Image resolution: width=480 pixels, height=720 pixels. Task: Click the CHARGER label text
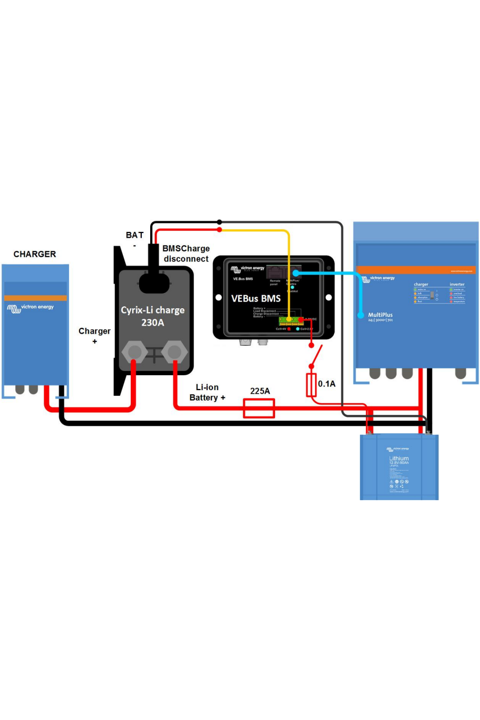[x=35, y=254]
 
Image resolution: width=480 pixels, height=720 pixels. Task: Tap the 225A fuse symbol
[x=259, y=408]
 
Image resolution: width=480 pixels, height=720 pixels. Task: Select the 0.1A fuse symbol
[x=311, y=385]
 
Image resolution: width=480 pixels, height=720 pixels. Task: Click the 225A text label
[x=260, y=391]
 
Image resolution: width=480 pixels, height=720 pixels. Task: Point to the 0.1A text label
[x=327, y=384]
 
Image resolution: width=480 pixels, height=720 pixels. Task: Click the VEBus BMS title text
[x=256, y=298]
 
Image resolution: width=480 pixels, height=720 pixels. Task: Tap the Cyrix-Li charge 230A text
[x=153, y=316]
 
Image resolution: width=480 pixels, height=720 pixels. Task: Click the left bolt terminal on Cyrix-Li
[x=134, y=352]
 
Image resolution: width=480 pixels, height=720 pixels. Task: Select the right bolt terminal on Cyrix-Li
[x=174, y=352]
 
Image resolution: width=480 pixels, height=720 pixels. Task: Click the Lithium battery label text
[x=399, y=459]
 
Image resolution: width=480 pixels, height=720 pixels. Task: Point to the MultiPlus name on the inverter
[x=380, y=315]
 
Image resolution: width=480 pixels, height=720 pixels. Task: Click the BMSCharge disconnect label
[x=186, y=254]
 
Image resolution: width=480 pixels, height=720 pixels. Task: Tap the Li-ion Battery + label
[x=208, y=392]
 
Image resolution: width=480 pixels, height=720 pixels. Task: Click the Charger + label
[x=95, y=336]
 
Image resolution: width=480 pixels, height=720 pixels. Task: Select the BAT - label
[x=134, y=239]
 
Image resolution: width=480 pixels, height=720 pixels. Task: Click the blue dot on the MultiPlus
[x=361, y=315]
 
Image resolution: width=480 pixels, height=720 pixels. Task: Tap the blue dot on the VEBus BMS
[x=296, y=273]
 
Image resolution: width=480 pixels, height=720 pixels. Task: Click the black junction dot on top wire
[x=219, y=222]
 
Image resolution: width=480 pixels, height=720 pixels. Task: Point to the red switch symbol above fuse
[x=315, y=356]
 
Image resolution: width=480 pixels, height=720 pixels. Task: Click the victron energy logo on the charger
[x=31, y=307]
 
